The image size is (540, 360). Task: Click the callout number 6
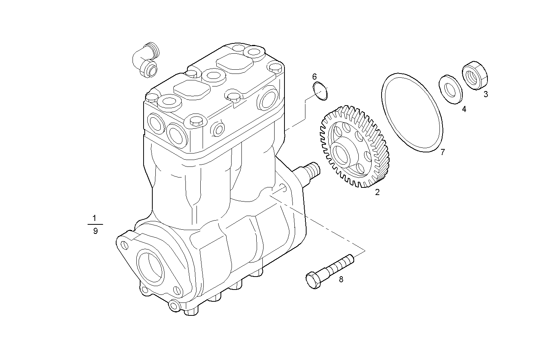point(315,76)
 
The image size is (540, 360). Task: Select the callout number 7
point(443,152)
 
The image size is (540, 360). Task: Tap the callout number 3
point(486,94)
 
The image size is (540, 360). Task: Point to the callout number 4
point(464,109)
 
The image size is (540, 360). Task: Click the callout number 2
point(377,192)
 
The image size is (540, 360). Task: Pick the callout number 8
point(341,279)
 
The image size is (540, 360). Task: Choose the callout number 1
point(95,218)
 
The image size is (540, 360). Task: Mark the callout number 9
point(95,231)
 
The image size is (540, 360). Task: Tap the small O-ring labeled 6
point(320,91)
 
